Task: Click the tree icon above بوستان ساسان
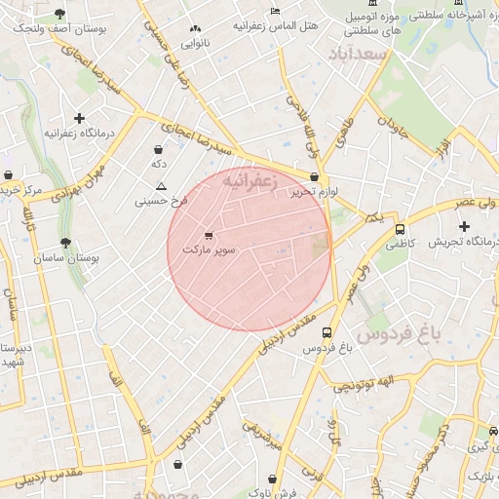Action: pos(66,242)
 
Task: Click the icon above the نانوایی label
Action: pos(196,28)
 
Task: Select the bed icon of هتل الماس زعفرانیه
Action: pos(275,11)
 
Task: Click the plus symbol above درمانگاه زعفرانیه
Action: pos(79,118)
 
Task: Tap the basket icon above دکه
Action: pos(159,150)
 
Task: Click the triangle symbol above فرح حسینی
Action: pos(161,185)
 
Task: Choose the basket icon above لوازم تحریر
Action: pos(314,177)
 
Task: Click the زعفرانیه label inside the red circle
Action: pos(250,181)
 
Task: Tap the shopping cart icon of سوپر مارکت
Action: pos(209,235)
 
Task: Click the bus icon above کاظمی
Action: pos(400,229)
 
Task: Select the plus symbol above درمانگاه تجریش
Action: pos(465,226)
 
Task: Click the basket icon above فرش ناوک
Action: pos(274,479)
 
